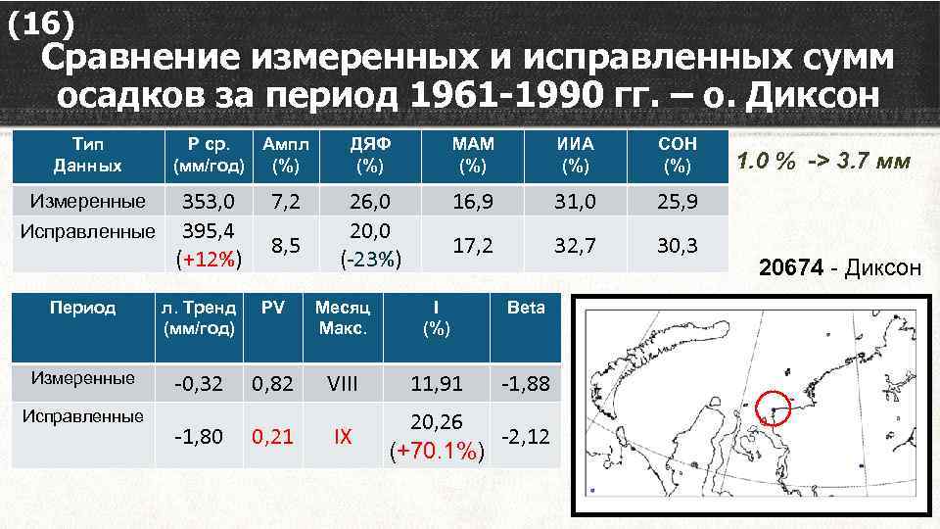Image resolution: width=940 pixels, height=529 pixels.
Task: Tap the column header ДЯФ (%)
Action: pyautogui.click(x=370, y=154)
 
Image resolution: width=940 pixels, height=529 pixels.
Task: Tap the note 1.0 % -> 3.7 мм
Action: pyautogui.click(x=822, y=161)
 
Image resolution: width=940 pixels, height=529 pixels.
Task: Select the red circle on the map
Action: pyautogui.click(x=774, y=409)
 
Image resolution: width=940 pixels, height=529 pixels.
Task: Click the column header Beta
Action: pyautogui.click(x=526, y=308)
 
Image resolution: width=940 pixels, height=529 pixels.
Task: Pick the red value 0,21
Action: pyautogui.click(x=272, y=436)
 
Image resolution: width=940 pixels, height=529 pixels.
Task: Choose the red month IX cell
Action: pyautogui.click(x=343, y=436)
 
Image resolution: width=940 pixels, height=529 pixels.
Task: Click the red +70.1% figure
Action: pyautogui.click(x=437, y=451)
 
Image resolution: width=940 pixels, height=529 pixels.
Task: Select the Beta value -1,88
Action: pyautogui.click(x=526, y=384)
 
